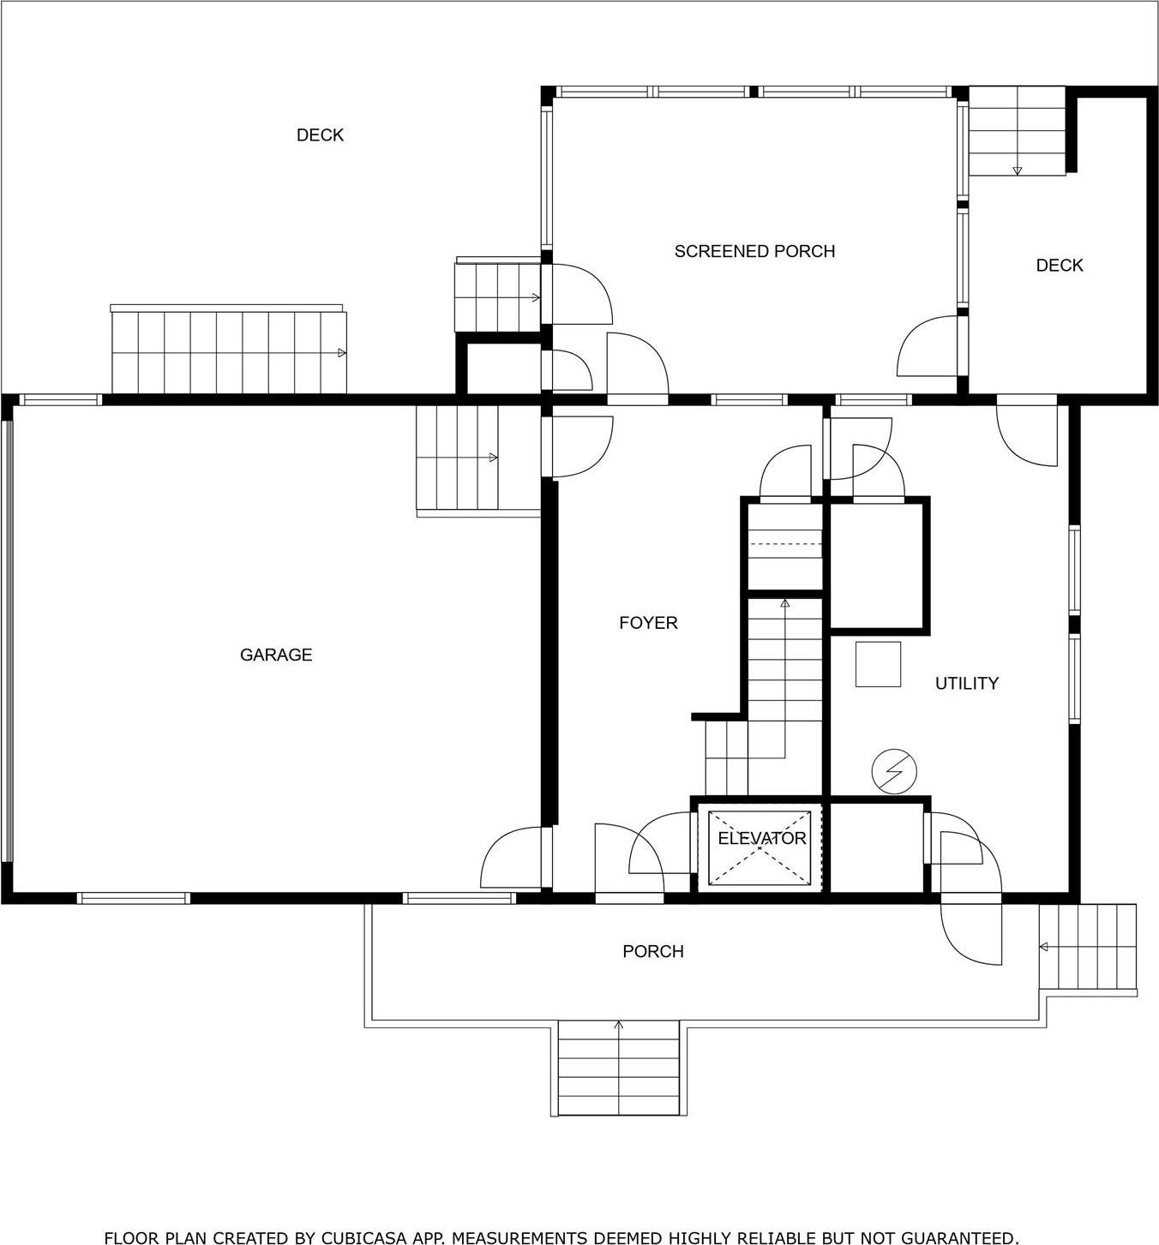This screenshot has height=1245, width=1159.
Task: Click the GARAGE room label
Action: coord(275,655)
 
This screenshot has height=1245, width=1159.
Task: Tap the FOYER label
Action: coord(648,623)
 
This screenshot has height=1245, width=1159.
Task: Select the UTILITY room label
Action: coord(966,683)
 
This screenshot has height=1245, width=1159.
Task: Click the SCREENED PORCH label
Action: coord(754,251)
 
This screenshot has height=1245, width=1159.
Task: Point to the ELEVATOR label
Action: coord(761,838)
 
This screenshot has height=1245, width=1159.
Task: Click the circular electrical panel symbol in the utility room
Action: coord(893,771)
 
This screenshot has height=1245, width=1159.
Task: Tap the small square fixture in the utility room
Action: coord(878,664)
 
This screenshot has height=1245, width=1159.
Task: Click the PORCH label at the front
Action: coord(652,951)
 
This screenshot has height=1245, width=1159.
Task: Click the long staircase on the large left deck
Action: coord(229,352)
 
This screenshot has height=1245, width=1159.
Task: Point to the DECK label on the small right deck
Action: coord(1059,266)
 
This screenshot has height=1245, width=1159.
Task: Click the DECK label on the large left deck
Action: coord(320,135)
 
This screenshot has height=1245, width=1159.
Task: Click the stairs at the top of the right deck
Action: coord(1017,130)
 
